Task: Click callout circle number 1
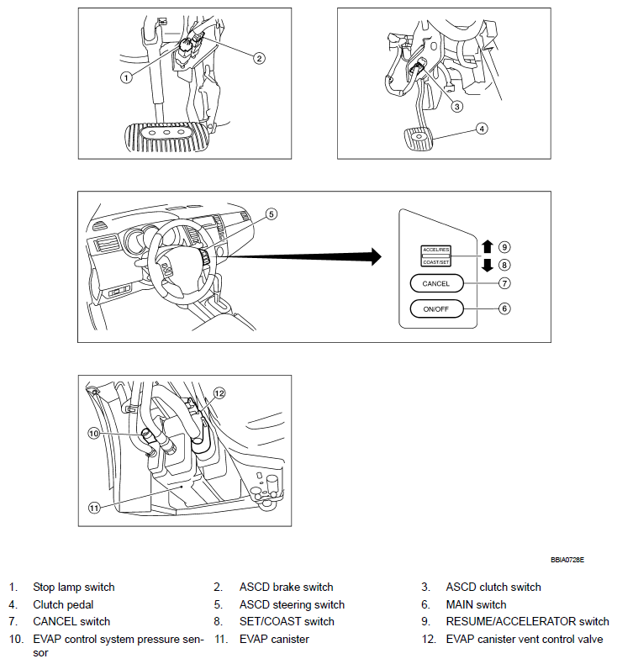point(126,76)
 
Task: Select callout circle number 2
point(259,57)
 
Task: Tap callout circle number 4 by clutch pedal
point(481,129)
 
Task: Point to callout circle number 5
point(271,214)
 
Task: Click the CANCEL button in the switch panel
point(436,284)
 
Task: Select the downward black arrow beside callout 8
point(486,266)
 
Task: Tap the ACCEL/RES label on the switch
point(435,250)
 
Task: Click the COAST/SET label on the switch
point(435,262)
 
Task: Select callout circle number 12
point(219,393)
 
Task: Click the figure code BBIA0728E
point(567,558)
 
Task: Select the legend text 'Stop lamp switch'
point(74,587)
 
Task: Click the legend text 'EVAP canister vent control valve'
point(525,639)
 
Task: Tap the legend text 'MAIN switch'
point(476,604)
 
